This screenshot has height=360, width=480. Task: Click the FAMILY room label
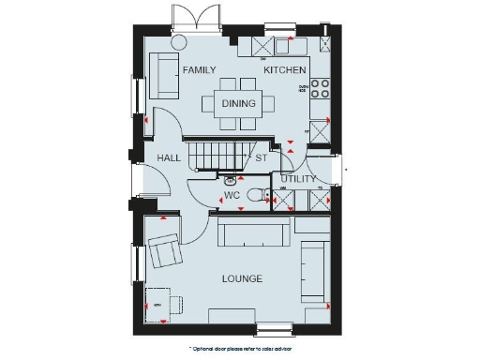coord(199,70)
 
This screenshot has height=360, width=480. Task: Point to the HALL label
coord(169,158)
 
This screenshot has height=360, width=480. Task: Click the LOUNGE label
coord(242,279)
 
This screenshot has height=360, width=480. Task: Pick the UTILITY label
coord(298,178)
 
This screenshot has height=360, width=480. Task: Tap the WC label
coord(232,196)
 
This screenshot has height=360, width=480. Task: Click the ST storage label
coord(262,158)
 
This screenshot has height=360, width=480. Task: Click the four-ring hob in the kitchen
coord(320,87)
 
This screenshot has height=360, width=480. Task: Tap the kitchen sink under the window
coord(285,46)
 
